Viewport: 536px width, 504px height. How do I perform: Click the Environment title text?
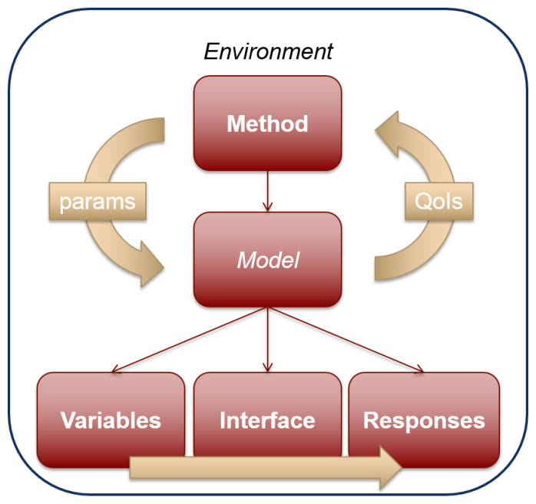pos(268,51)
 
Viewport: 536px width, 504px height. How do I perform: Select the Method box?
pos(268,124)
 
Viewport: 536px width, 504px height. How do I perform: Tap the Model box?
pos(268,259)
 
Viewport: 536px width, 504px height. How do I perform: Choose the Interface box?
pos(268,413)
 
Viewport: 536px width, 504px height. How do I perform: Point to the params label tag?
pos(98,201)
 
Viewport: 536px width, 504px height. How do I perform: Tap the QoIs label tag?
pos(439,201)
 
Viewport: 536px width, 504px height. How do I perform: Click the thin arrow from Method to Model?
pos(268,191)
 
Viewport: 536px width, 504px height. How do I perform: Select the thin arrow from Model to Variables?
pos(190,340)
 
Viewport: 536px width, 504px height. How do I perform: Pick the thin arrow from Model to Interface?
pos(268,340)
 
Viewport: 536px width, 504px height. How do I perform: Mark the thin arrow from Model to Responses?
pos(346,340)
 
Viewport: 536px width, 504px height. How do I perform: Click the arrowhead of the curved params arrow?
pos(151,265)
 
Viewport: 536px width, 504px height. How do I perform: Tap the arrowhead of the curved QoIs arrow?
pos(388,133)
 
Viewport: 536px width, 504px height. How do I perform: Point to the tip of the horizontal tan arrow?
pos(402,467)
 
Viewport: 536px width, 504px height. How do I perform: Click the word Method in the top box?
pos(268,124)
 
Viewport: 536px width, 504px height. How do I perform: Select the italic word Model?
pos(268,260)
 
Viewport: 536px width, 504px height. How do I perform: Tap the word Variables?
pos(111,420)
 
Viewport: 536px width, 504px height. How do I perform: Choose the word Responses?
pos(424,420)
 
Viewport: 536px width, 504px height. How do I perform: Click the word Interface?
pos(267,420)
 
